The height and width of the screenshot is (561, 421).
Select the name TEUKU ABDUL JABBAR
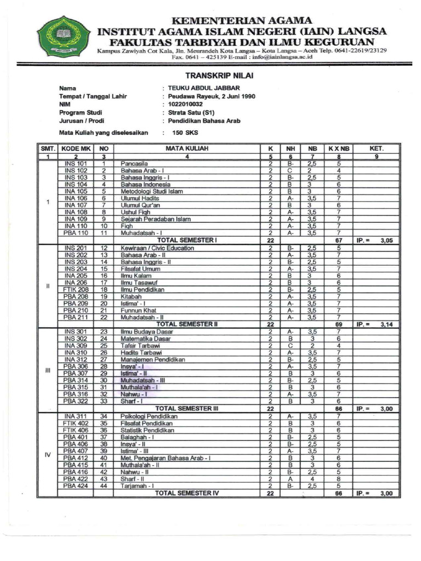click(203, 88)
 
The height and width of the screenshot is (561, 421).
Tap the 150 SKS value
click(185, 133)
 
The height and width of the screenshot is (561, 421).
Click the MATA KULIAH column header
click(186, 148)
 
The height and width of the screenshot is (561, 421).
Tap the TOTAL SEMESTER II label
click(187, 324)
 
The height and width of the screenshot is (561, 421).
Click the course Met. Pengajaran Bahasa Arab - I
click(165, 458)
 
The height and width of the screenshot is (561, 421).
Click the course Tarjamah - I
click(137, 485)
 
